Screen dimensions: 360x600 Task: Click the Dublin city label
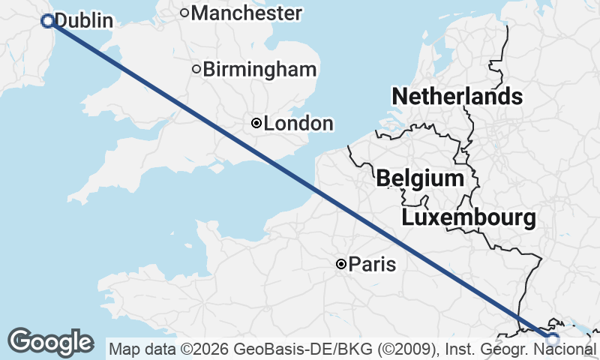point(84,21)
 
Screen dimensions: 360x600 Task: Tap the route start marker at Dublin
point(48,21)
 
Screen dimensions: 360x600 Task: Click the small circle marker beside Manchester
point(184,13)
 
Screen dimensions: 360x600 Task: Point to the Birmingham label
point(259,70)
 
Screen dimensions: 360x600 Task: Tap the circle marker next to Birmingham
point(196,70)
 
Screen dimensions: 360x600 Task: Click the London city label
point(298,124)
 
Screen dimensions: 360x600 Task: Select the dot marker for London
point(256,123)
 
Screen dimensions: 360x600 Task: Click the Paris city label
point(373,264)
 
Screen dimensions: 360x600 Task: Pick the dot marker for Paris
point(341,264)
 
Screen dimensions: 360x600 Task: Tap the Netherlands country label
point(457,96)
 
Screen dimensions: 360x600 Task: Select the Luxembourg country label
point(469,218)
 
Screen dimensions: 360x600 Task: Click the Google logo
point(50,342)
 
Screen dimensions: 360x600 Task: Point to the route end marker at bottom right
point(553,340)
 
